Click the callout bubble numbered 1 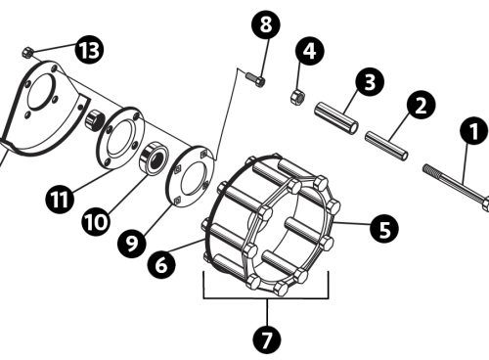pyautogui.click(x=473, y=130)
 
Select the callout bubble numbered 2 pyautogui.click(x=421, y=105)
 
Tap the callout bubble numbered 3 pyautogui.click(x=370, y=81)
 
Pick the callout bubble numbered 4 pyautogui.click(x=310, y=51)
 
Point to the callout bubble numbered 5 pyautogui.click(x=384, y=228)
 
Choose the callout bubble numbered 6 pyautogui.click(x=161, y=264)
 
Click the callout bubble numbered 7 pyautogui.click(x=267, y=339)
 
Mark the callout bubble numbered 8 pyautogui.click(x=266, y=24)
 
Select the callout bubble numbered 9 pyautogui.click(x=132, y=243)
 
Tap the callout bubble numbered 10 pyautogui.click(x=95, y=222)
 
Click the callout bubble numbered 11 pyautogui.click(x=60, y=199)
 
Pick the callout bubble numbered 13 pyautogui.click(x=89, y=50)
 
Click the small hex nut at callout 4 pyautogui.click(x=297, y=97)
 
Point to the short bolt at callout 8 pyautogui.click(x=255, y=79)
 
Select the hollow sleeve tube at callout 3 pyautogui.click(x=336, y=118)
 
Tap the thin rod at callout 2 pyautogui.click(x=386, y=146)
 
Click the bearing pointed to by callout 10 pyautogui.click(x=154, y=157)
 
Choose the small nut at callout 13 pyautogui.click(x=26, y=53)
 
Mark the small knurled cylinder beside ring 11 pyautogui.click(x=95, y=119)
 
